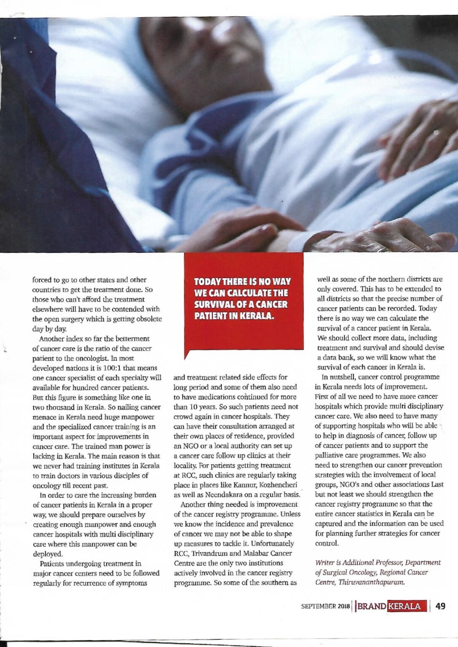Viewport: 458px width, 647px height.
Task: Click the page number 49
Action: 440,606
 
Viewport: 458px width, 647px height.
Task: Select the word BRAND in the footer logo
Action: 372,607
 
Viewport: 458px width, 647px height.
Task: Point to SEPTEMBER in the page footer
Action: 318,607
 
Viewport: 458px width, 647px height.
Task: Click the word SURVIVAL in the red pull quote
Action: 214,304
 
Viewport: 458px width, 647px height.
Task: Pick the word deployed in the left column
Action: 48,554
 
